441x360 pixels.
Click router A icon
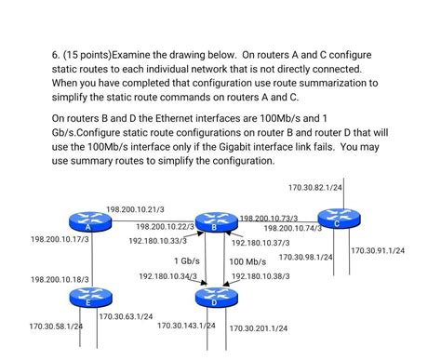click(x=87, y=222)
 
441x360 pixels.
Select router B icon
click(x=213, y=222)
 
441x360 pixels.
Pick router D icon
click(x=213, y=298)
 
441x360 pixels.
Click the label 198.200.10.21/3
click(x=135, y=209)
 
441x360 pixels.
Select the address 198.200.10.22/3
click(x=165, y=226)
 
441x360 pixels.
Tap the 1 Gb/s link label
click(x=186, y=260)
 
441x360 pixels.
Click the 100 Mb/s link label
click(x=247, y=261)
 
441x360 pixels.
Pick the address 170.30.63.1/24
click(x=126, y=316)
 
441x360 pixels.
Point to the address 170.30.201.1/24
click(x=258, y=328)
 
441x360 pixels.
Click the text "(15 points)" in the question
click(x=87, y=55)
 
